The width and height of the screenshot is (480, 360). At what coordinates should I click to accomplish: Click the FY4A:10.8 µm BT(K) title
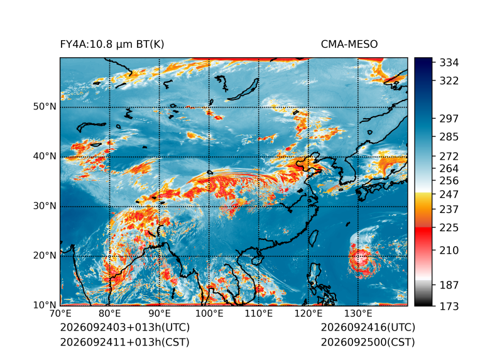(x=112, y=45)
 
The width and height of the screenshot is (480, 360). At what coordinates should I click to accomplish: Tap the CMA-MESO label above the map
(x=349, y=45)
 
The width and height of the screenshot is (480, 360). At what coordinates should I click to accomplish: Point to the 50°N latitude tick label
(x=45, y=107)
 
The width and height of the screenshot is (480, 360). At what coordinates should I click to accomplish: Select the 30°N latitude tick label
(x=45, y=206)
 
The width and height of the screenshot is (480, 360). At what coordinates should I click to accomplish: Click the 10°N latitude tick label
(x=45, y=305)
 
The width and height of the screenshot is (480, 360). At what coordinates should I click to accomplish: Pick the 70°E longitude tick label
(x=60, y=314)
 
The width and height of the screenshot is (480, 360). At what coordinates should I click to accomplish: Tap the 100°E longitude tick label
(x=209, y=314)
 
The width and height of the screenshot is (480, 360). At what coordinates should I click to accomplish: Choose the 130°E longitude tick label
(x=358, y=314)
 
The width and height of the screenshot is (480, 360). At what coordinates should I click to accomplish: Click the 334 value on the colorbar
(x=449, y=63)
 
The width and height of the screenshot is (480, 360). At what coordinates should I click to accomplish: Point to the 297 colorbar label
(x=449, y=119)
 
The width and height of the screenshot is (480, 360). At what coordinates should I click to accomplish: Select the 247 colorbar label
(x=449, y=194)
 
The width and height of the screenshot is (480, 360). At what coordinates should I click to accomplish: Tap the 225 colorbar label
(x=449, y=228)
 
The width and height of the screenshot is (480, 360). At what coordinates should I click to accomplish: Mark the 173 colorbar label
(x=449, y=307)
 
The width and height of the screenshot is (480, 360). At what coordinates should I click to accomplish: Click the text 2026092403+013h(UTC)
(x=125, y=327)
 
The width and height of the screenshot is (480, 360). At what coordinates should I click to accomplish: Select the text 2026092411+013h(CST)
(x=124, y=342)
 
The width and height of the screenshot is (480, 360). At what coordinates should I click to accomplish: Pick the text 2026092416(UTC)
(x=368, y=327)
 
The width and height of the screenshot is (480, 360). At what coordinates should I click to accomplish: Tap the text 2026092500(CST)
(x=368, y=342)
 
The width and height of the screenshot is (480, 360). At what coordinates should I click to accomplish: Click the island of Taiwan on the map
(x=313, y=239)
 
